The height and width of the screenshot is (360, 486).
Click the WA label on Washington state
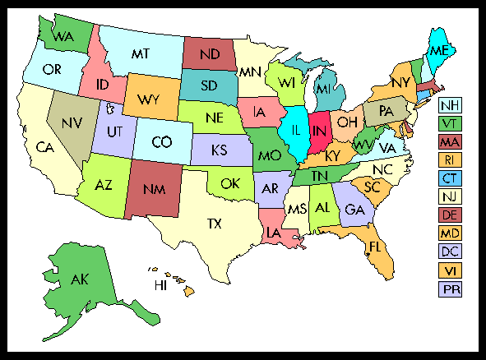[x=62, y=36]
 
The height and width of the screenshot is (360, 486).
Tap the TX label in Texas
[x=214, y=223]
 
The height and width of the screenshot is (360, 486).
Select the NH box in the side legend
[x=450, y=105]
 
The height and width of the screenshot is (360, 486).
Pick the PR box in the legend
[x=450, y=288]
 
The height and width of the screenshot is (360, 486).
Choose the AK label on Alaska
[x=79, y=280]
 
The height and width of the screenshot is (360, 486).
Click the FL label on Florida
[x=374, y=247]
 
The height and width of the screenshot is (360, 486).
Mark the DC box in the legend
[x=450, y=252]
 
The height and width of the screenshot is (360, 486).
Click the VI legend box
[x=450, y=270]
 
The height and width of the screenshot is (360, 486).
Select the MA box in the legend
[x=450, y=142]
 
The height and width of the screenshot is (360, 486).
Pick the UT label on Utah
[x=116, y=132]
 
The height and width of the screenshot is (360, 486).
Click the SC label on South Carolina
[x=373, y=187]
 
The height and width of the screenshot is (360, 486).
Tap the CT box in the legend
[x=450, y=178]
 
